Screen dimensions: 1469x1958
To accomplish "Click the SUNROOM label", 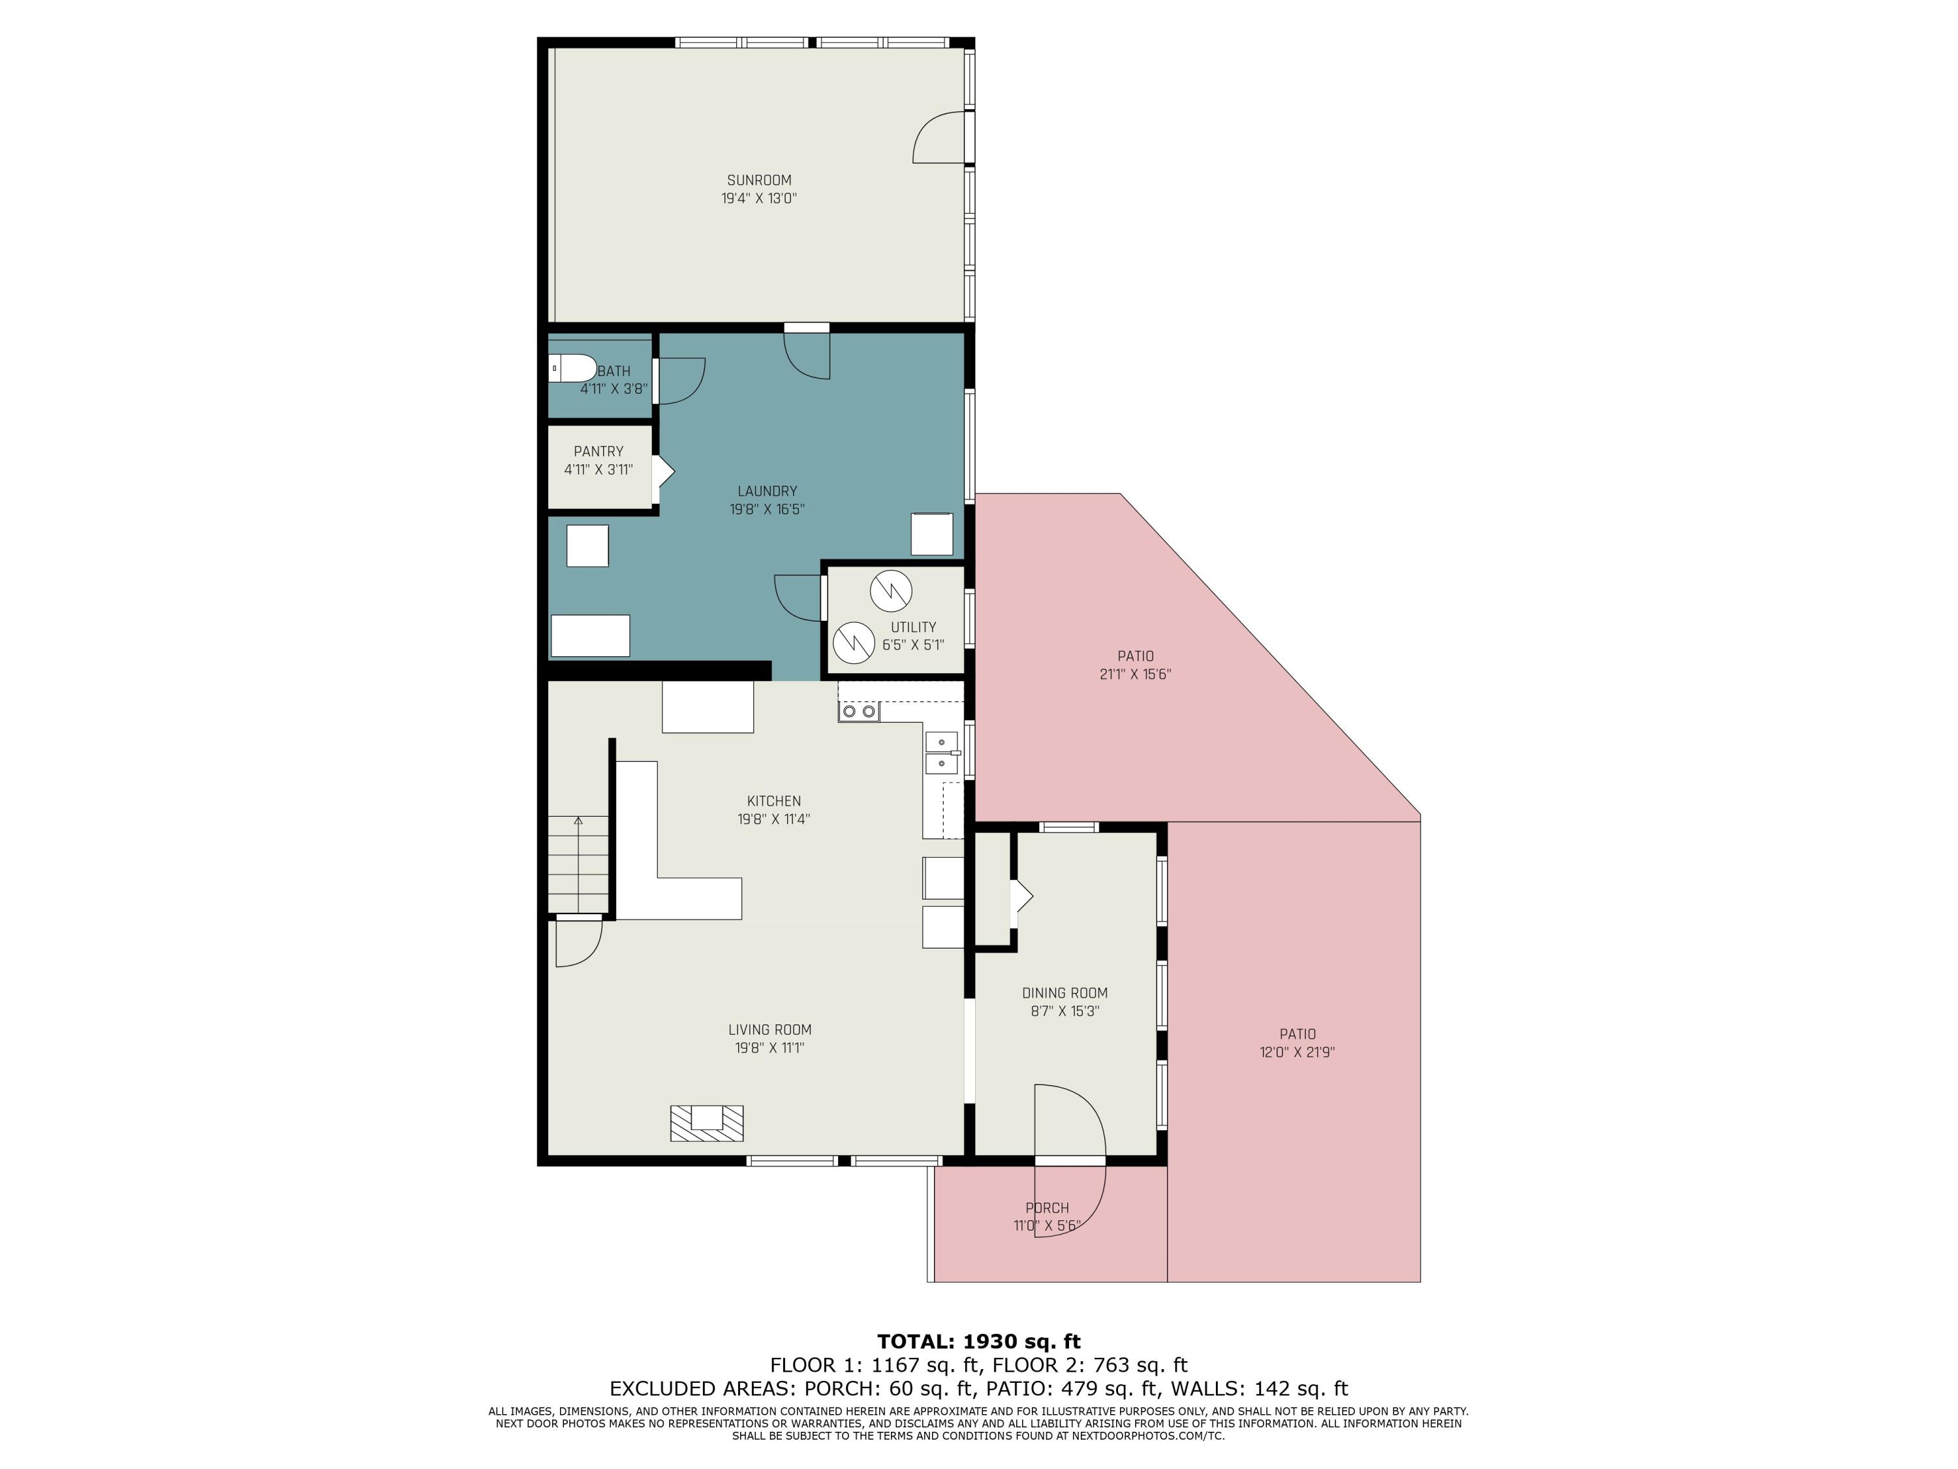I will click(758, 180).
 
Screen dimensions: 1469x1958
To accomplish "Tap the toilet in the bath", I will click(571, 368).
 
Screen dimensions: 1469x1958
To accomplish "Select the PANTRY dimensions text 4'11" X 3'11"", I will click(598, 470).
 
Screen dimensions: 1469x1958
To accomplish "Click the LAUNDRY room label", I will click(767, 490).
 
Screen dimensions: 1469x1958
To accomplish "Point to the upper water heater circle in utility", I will click(890, 592).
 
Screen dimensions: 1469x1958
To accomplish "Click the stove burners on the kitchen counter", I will click(859, 711).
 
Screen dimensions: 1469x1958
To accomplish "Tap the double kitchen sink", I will click(941, 751).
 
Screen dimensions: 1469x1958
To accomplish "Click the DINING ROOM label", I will click(1064, 992).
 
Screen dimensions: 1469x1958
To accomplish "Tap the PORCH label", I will click(1046, 1208).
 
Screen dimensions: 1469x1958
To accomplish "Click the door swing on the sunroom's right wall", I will click(939, 140).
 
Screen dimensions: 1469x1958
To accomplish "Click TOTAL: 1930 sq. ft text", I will click(978, 1342).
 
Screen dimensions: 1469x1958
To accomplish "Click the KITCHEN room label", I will click(773, 800).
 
